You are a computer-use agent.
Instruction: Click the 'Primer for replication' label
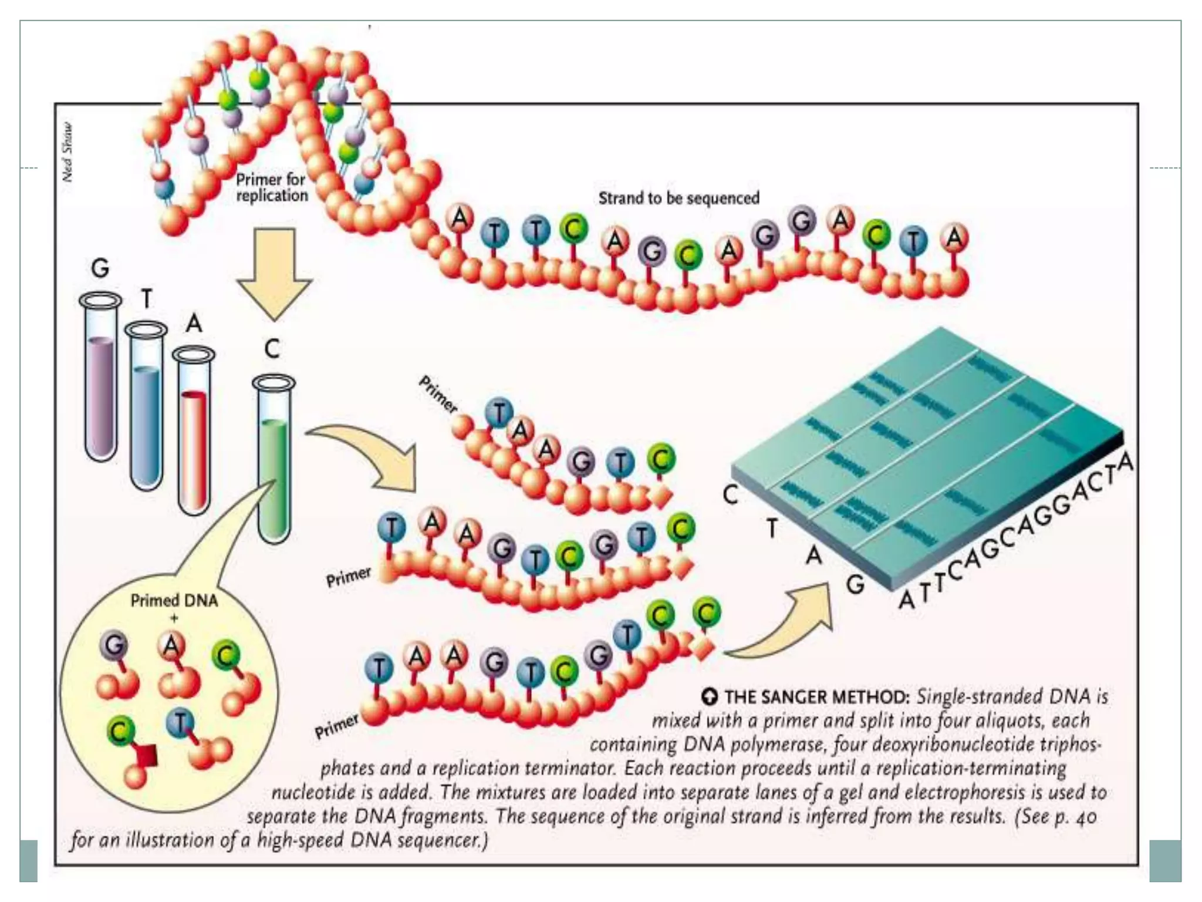272,187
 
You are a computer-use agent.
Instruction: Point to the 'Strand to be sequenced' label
678,198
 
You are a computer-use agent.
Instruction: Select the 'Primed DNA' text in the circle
174,601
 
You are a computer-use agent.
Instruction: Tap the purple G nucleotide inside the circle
114,646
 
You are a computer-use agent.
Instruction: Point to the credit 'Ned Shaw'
68,152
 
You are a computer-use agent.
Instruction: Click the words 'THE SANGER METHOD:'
816,697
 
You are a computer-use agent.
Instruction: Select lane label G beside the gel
855,584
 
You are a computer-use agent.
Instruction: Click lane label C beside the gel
730,494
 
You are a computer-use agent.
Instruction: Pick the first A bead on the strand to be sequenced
460,218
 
